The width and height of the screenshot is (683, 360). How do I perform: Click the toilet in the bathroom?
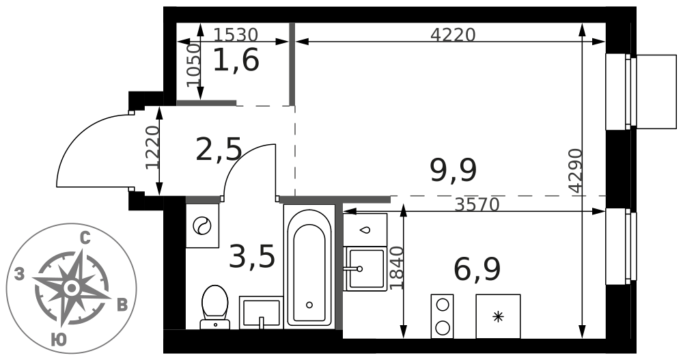point(214,307)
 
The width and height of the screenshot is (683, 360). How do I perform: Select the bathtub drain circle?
point(309,305)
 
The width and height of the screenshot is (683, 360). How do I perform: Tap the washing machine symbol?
point(202,225)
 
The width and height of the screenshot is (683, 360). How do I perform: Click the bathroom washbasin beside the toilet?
point(261,312)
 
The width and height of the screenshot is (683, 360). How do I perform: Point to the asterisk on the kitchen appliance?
point(498,316)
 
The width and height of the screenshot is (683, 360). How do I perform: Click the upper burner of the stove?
point(442,304)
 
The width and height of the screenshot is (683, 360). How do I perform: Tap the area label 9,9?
point(453,170)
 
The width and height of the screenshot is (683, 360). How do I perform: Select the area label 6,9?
point(477,270)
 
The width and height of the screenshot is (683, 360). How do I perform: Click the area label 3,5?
point(252,256)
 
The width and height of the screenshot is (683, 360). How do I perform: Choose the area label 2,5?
point(219,149)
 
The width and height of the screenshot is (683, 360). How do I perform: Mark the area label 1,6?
point(236,59)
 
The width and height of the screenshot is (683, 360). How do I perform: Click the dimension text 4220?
point(453,34)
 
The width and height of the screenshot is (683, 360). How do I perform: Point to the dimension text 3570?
point(477,204)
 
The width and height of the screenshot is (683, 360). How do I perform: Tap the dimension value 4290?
point(576,170)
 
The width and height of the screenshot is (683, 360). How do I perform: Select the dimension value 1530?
point(236,34)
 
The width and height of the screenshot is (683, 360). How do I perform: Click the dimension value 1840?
point(397,268)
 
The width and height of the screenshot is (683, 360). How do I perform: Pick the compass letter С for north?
point(85,238)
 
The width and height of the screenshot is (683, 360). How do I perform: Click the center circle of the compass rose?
point(72,288)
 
